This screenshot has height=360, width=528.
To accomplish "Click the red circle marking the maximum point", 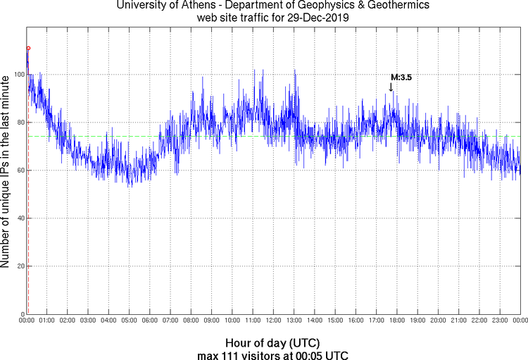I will coord(28,48).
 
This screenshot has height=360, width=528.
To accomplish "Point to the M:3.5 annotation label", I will coord(401,77).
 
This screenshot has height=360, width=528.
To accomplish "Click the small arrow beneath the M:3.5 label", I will coord(391,87).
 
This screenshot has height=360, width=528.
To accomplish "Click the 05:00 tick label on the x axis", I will coord(130,321).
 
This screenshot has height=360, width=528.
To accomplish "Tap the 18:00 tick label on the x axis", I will coord(396,321).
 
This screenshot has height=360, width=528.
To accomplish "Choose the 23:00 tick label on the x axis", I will coord(499,321).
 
